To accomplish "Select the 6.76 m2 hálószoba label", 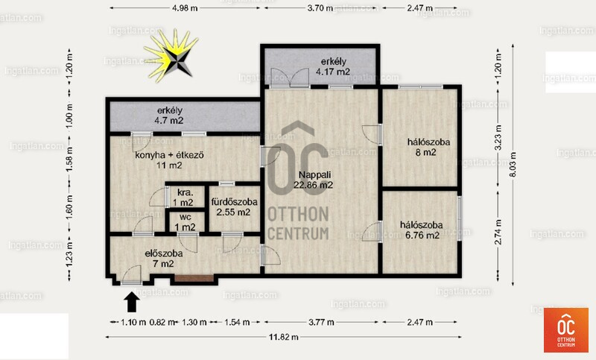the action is point(422,230).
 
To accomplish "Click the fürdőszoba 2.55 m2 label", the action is point(234,206).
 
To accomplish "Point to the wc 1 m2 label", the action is point(185,222).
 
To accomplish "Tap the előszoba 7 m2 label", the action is point(163,258).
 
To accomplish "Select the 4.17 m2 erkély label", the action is point(333,66).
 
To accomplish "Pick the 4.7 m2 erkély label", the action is point(170,116).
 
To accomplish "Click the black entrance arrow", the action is point(132,302).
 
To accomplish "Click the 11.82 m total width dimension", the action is point(284,337).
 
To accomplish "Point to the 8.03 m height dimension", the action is point(513,164).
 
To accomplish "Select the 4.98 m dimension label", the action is point(185,8).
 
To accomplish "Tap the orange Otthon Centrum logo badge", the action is point(566,330).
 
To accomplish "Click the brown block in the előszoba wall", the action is point(194,278).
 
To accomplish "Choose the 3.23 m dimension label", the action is point(498,138).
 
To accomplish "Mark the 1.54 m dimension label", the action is point(237,323).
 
